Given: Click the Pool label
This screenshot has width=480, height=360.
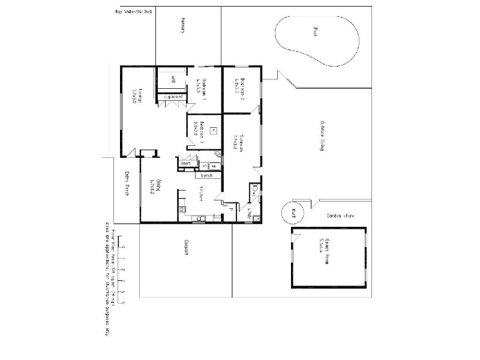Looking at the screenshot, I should coord(314,32).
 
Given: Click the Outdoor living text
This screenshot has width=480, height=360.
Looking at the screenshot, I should coord(322,135).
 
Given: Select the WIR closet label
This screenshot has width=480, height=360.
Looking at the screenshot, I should coord(172,79).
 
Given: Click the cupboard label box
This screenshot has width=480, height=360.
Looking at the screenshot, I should coord(172,96).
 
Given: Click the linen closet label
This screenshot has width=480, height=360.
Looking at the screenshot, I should coord(185,163).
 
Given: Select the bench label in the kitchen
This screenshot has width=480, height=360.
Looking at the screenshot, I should coord(207,175).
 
